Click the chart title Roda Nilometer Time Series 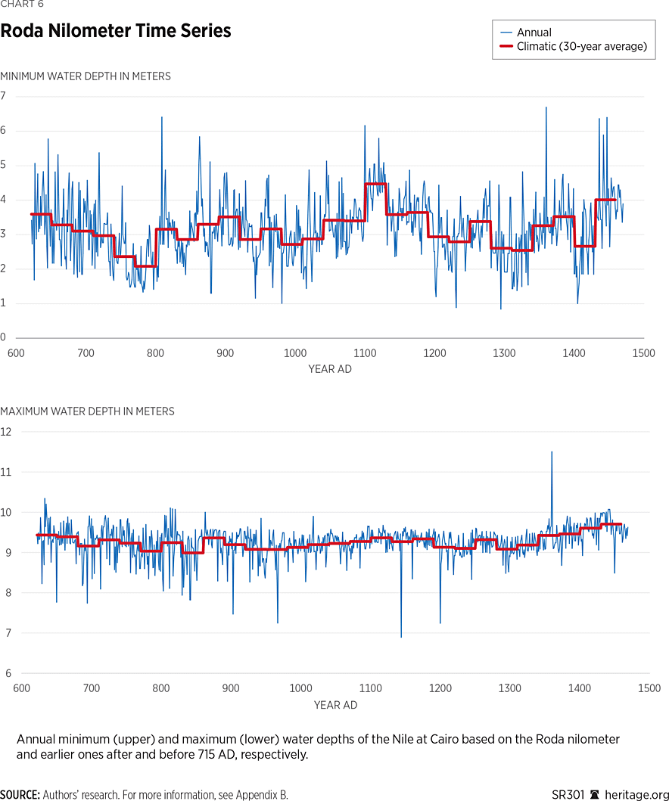pyautogui.click(x=116, y=32)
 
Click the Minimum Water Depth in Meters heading pyautogui.click(x=86, y=76)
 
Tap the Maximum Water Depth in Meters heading pyautogui.click(x=87, y=411)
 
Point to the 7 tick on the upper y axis pyautogui.click(x=3, y=96)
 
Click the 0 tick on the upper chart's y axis pyautogui.click(x=3, y=338)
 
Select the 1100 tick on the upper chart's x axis pyautogui.click(x=365, y=353)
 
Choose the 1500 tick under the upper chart pyautogui.click(x=644, y=353)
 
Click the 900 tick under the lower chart pyautogui.click(x=231, y=688)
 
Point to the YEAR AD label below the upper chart pyautogui.click(x=330, y=369)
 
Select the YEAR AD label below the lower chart pyautogui.click(x=336, y=705)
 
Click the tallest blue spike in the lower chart pyautogui.click(x=552, y=452)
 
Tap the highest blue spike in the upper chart pyautogui.click(x=546, y=108)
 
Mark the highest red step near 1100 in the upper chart pyautogui.click(x=375, y=185)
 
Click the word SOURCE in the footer pyautogui.click(x=20, y=795)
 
